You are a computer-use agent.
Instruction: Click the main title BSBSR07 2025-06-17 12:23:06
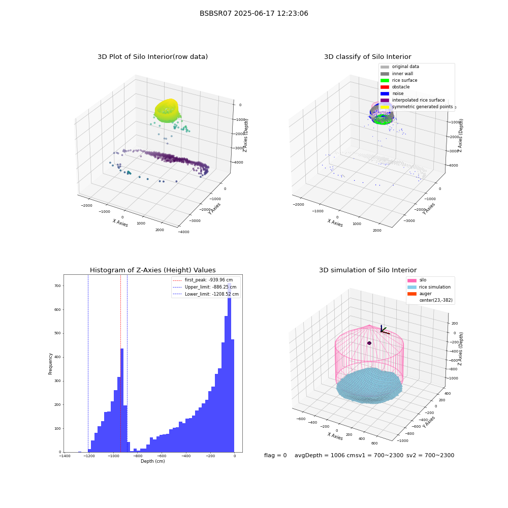(253, 13)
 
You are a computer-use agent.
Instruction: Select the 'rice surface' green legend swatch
(385, 80)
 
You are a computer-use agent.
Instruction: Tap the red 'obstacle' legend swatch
(385, 87)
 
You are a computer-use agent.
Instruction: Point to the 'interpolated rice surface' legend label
(418, 100)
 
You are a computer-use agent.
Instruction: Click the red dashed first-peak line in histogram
(120, 363)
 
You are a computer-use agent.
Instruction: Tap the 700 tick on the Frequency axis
(57, 285)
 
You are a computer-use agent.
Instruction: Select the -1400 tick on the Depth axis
(65, 456)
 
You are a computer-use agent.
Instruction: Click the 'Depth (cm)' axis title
(152, 461)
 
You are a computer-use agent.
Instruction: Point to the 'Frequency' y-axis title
(50, 364)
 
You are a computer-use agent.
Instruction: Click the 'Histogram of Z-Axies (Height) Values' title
(152, 270)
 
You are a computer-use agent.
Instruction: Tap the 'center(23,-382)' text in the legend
(436, 300)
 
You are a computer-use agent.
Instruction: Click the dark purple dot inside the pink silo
(369, 343)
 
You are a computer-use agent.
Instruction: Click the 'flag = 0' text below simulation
(275, 455)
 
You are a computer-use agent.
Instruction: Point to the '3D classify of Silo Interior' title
(368, 57)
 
